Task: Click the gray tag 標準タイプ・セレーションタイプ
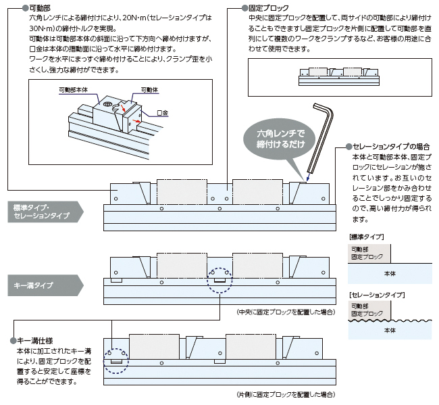coord(42,211)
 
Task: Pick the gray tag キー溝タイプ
coord(34,285)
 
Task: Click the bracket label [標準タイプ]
coord(365,237)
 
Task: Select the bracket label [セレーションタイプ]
coord(376,295)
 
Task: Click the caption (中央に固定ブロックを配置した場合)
coord(286,312)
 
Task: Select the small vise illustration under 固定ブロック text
coord(340,76)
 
